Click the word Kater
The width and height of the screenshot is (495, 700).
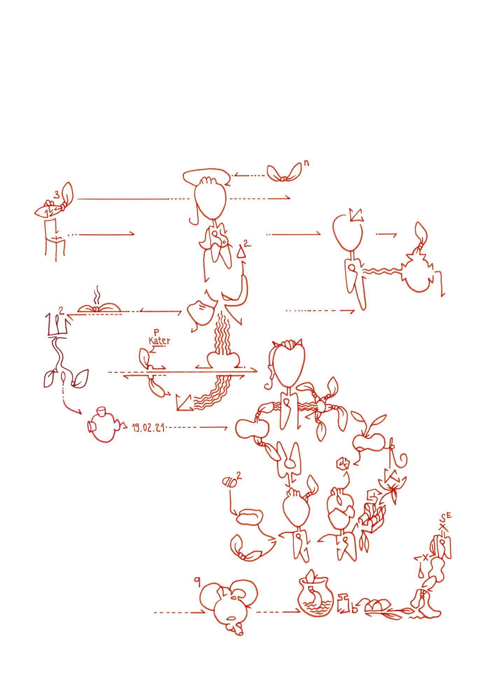point(159,341)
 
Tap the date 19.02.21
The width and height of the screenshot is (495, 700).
point(148,428)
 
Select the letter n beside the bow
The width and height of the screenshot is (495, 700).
point(306,163)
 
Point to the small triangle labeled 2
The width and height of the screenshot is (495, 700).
point(241,252)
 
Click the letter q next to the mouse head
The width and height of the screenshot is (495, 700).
point(197,582)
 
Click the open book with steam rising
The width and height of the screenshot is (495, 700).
point(99,308)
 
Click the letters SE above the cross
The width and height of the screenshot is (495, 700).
point(446,517)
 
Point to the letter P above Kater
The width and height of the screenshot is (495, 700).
point(156,332)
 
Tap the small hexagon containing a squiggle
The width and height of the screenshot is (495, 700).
point(343,464)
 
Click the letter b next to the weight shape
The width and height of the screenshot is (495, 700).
point(355,609)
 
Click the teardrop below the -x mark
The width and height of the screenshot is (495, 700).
point(421,573)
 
